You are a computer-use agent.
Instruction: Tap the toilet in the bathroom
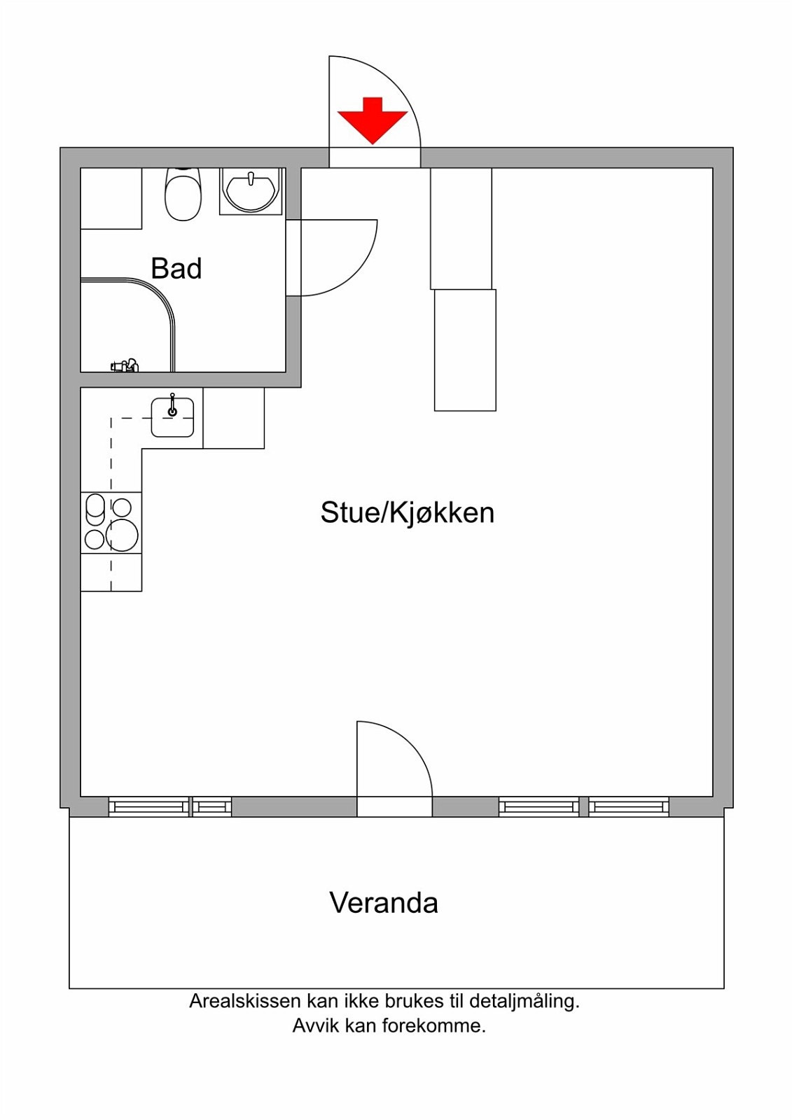point(183,195)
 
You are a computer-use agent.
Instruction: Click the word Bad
point(176,269)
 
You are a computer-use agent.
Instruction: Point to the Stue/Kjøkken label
point(407,512)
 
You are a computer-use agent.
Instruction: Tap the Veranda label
point(384,902)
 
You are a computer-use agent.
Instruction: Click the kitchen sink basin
point(172,419)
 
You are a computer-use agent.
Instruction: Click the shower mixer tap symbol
point(125,365)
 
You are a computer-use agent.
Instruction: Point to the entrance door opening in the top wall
point(375,157)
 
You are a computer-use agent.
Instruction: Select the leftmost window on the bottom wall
point(148,807)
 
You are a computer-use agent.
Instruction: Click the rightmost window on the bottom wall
point(628,807)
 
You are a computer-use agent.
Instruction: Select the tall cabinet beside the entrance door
point(461,228)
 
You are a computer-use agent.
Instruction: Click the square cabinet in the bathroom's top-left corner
point(111,198)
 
